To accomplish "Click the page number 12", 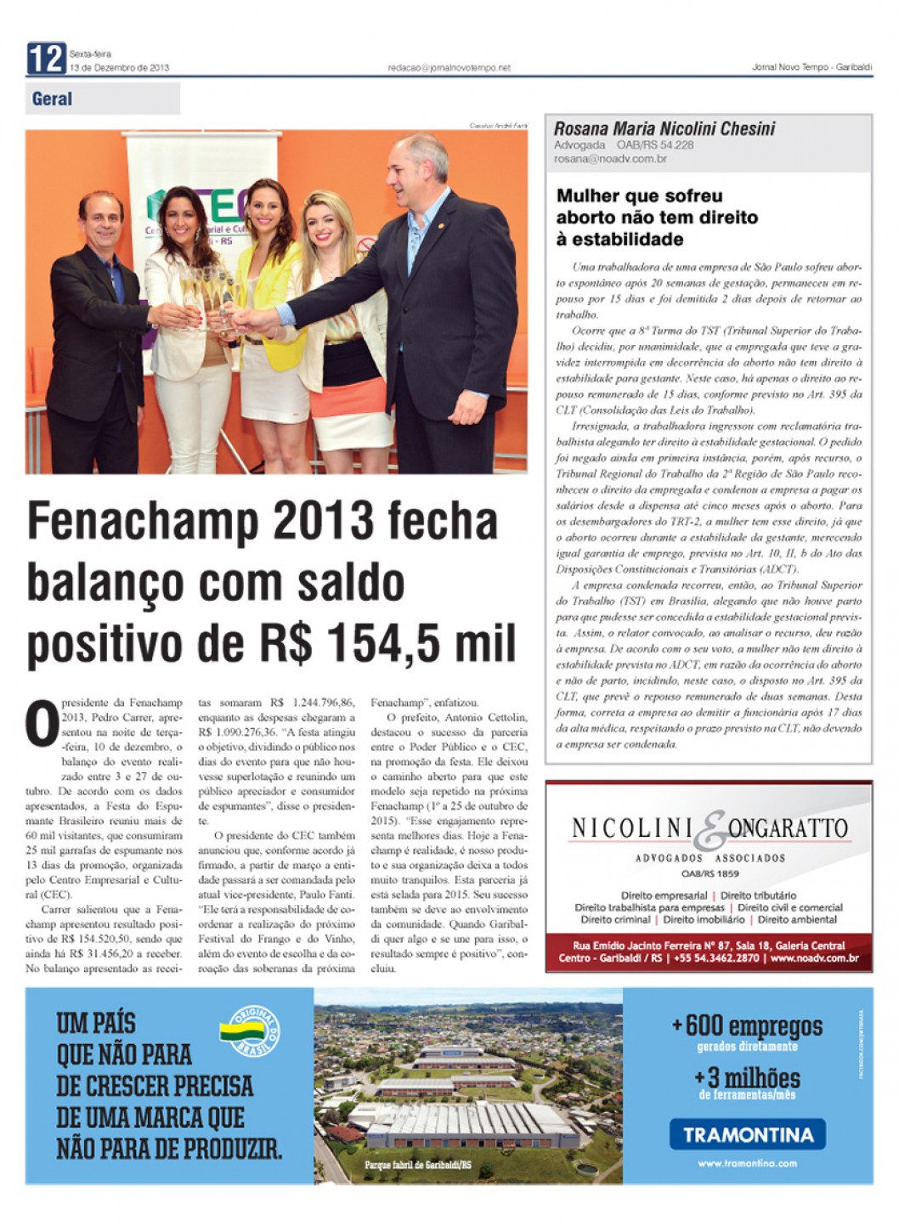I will (45, 59).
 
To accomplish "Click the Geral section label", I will (52, 99).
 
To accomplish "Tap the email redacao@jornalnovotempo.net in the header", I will (449, 68).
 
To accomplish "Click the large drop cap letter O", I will (42, 723).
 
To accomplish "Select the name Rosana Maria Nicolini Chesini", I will (664, 129).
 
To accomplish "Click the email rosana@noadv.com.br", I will (610, 159).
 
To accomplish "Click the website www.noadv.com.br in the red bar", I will (815, 958).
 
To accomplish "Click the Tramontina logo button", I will (748, 1134).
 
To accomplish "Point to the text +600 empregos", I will (748, 1026).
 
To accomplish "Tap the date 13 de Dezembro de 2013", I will (120, 68).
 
